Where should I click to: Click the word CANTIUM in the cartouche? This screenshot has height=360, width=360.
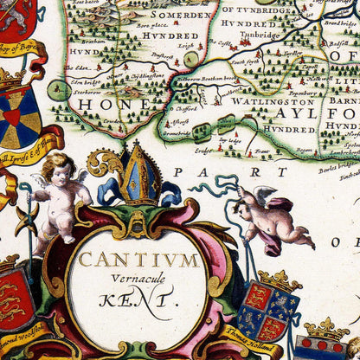click(138, 260)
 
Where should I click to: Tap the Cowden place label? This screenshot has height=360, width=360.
click(112, 121)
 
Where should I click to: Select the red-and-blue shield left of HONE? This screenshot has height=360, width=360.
click(21, 118)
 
